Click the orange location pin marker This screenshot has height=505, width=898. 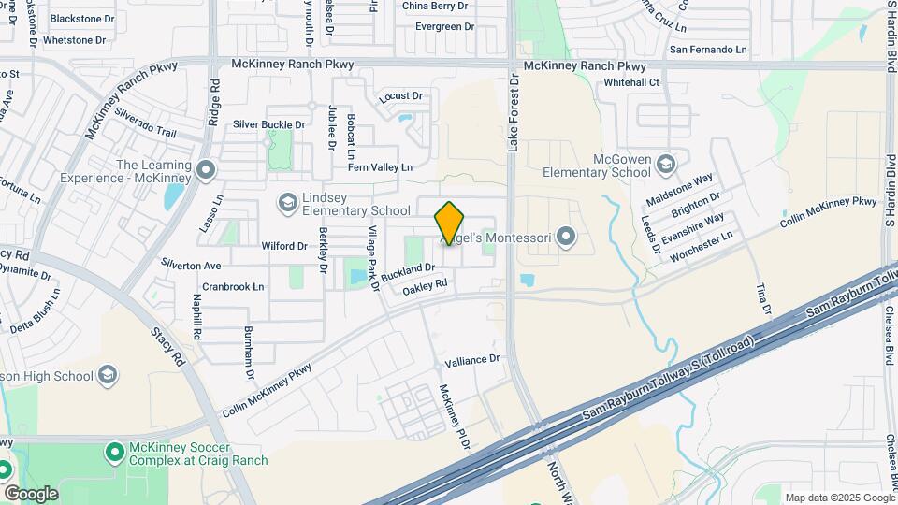coord(450,223)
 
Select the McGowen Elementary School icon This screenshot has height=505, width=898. coord(665,165)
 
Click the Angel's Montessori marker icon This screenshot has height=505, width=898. coord(564,236)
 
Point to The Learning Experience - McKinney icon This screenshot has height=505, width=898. coord(207,170)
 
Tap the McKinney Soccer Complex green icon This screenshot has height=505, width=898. coord(115,453)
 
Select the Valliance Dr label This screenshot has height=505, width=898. coord(473,359)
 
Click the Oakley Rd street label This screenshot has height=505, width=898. coord(426,288)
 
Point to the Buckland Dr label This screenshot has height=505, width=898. coord(409,272)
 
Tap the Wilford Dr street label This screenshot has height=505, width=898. coord(284,246)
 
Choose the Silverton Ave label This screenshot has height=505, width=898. coord(191,266)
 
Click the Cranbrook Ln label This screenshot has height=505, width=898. coord(233,286)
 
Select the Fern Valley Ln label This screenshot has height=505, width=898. coord(380,166)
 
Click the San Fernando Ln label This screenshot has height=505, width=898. coord(707,49)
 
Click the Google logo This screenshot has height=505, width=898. coord(31,493)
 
